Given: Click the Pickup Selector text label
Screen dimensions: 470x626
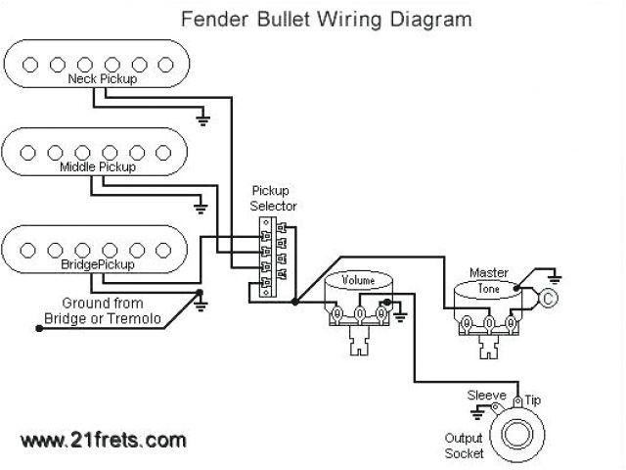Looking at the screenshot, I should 274,198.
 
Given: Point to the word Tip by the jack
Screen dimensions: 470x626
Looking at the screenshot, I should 533,400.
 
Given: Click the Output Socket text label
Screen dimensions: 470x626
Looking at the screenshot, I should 465,446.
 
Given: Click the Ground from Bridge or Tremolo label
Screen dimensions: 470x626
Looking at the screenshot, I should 104,311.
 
